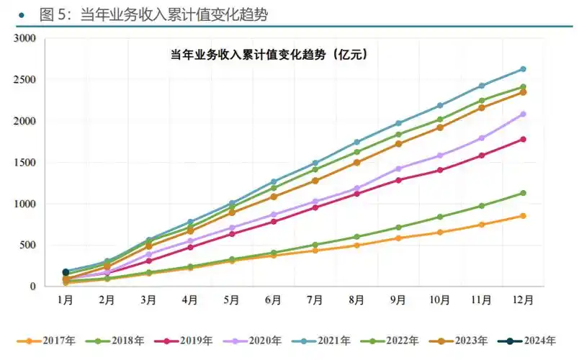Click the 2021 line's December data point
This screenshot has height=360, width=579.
(524, 69)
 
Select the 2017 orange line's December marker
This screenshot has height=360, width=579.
(524, 216)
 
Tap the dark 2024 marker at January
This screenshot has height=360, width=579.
(66, 272)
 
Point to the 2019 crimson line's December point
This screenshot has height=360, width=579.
(524, 139)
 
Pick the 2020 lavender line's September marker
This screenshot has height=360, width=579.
(399, 168)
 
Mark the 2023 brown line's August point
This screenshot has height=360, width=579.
(357, 163)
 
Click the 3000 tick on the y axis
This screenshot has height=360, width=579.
(25, 38)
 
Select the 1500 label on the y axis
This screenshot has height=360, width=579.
(25, 163)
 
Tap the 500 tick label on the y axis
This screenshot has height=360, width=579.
(28, 246)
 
